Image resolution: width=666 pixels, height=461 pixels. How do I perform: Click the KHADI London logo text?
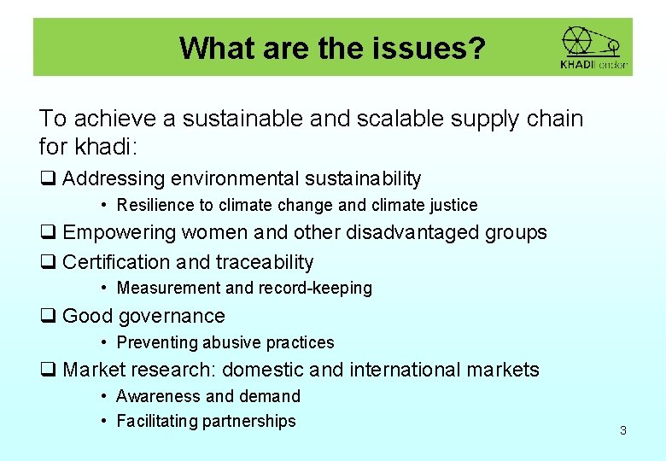[x=593, y=64]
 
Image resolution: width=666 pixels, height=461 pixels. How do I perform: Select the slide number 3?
[x=622, y=430]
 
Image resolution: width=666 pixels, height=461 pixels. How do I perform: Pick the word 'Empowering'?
[x=119, y=232]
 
